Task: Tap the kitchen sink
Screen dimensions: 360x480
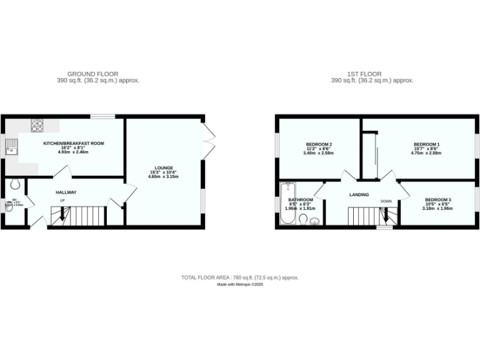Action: click(x=12, y=148)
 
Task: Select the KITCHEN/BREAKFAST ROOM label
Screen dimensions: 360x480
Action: click(x=73, y=143)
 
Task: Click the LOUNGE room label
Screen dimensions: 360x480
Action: click(x=164, y=167)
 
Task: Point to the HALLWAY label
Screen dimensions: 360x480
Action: click(x=66, y=192)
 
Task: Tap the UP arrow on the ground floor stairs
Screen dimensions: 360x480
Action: click(x=61, y=216)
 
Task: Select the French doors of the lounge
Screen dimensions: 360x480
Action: click(x=209, y=137)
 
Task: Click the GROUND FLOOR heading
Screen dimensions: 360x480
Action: click(x=92, y=74)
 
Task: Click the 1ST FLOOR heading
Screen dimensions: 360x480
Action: click(x=366, y=74)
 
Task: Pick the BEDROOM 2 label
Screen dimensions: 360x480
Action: click(x=319, y=144)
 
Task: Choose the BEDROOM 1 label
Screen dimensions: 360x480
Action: click(x=426, y=144)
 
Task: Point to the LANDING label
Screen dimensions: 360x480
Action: click(x=359, y=194)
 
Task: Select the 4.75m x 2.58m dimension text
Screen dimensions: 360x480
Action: click(x=426, y=153)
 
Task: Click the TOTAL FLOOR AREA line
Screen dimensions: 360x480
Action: click(x=240, y=277)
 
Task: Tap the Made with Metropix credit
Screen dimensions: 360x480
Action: click(x=240, y=284)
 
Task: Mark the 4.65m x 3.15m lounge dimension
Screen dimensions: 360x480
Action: click(x=164, y=177)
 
